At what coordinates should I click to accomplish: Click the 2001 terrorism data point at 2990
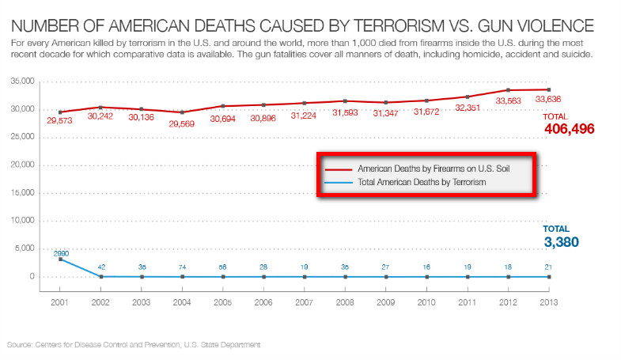pos(60,260)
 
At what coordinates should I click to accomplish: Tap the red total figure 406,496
pos(569,128)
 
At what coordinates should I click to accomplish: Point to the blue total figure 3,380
pos(562,242)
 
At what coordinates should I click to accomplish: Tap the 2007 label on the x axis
pos(305,301)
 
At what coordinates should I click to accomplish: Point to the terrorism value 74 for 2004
pos(182,267)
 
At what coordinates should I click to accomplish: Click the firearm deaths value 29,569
pos(182,123)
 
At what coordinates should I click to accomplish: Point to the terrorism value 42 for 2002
pos(100,267)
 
